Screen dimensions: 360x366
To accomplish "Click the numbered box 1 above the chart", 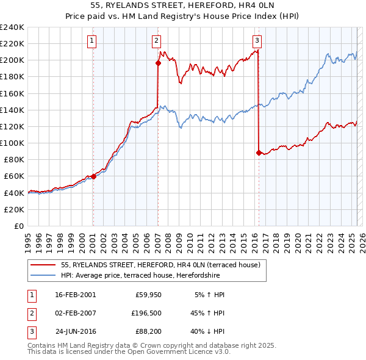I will tap(91, 41).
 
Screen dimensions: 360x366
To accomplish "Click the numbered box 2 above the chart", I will tap(156, 41).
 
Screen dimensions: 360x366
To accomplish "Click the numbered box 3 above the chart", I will tap(257, 41).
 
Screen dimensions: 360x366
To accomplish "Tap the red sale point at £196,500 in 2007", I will tap(158, 62).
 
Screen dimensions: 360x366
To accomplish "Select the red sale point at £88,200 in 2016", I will tap(259, 153).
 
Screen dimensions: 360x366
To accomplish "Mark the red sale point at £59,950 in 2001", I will tap(93, 176).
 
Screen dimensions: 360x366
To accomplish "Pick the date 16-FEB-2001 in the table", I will tap(75, 294).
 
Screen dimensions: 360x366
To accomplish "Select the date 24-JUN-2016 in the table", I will tap(75, 333).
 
